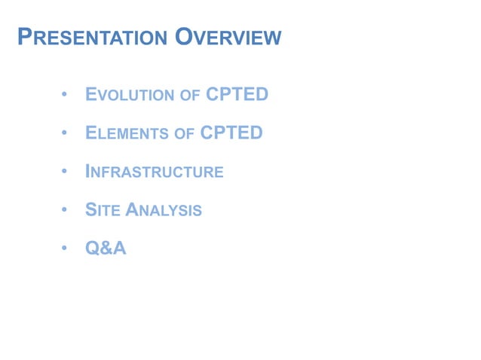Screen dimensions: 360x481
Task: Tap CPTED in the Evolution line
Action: tap(237, 95)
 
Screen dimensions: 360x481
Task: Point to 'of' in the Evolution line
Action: tap(189, 96)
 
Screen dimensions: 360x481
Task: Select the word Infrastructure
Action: tap(155, 172)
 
